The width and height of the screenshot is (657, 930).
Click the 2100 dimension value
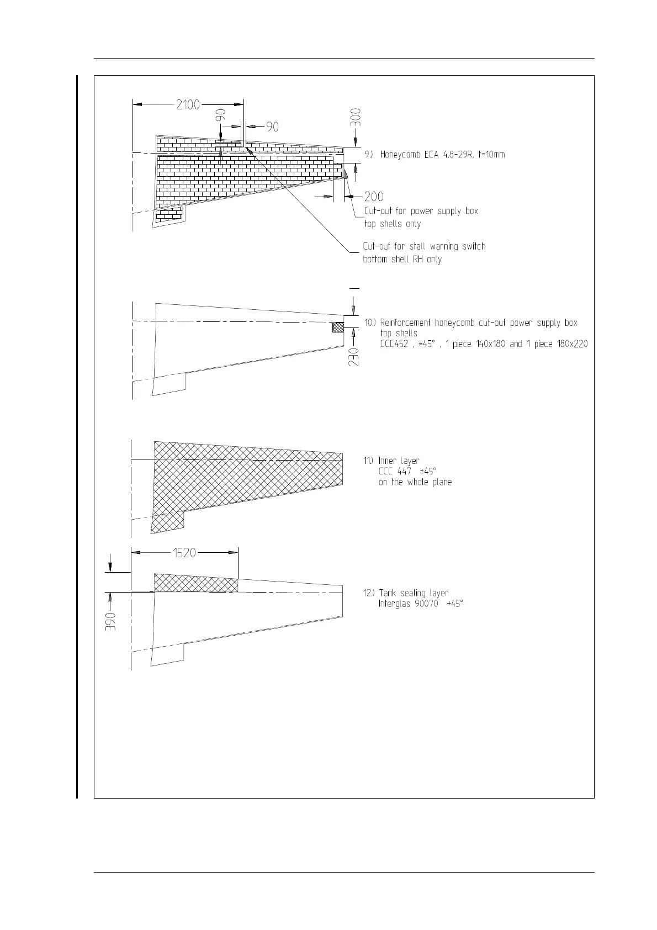coord(188,104)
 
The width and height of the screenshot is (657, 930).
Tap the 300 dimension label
coord(357,118)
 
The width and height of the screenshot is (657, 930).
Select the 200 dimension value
coord(374,197)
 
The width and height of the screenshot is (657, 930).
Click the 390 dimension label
coord(111,622)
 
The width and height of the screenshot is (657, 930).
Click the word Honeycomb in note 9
coord(401,155)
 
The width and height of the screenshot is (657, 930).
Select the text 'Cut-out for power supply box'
coord(421,211)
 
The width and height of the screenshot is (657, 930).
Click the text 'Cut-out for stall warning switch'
coord(424,246)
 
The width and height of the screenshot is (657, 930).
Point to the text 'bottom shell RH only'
coord(402,259)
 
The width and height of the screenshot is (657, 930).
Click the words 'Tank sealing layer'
coord(413,593)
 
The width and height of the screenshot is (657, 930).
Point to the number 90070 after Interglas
coord(427,604)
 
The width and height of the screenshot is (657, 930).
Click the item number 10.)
coord(370,323)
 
